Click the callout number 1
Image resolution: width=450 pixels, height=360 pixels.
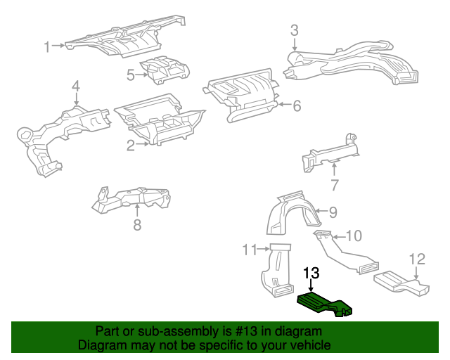47,47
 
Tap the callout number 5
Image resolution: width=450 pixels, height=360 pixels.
131,74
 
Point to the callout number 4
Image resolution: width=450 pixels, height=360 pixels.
75,86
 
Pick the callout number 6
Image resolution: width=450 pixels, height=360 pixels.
297,106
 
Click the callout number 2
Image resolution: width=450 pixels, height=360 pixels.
131,146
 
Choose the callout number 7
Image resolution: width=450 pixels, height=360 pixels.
335,186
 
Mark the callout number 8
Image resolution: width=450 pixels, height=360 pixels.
137,224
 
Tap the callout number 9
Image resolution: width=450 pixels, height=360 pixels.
333,211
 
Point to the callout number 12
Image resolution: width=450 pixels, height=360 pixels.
417,258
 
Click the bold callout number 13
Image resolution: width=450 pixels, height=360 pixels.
311,273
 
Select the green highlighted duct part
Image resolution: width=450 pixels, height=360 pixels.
325,304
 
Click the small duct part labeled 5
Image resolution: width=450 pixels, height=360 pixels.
167,69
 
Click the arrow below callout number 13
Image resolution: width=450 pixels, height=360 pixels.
311,287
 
